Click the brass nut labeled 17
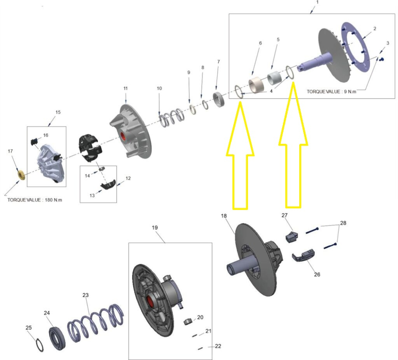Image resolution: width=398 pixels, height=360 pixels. pos(21,174)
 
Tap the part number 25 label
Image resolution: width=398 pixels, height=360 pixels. pos(28,327)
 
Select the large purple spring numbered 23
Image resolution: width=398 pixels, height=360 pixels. pos(95,323)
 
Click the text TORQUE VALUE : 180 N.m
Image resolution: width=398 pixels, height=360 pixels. pos(35,200)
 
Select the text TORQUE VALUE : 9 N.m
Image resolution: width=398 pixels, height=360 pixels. pos(331,91)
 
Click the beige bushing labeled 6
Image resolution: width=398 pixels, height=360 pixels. pos(256,85)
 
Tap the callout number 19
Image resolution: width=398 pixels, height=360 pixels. pos(155,227)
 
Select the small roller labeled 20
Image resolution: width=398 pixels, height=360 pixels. pos(189,321)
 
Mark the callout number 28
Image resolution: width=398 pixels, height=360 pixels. pos(343,223)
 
